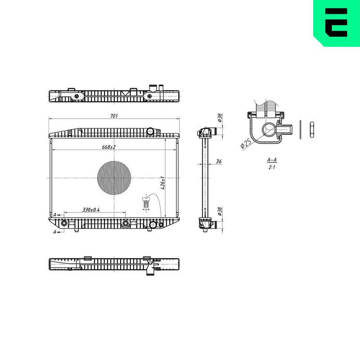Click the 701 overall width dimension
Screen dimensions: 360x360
(114, 116)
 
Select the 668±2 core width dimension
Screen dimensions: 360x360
(109, 147)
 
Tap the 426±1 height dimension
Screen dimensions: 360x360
(162, 183)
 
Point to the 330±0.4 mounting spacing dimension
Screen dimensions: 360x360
(91, 210)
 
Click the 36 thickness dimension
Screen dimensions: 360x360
(219, 162)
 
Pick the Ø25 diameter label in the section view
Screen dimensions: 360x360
(246, 144)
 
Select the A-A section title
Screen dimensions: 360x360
(272, 160)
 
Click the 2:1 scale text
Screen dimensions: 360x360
(272, 167)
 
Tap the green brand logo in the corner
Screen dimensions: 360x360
(336, 23)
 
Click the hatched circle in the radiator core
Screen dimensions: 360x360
(114, 178)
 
